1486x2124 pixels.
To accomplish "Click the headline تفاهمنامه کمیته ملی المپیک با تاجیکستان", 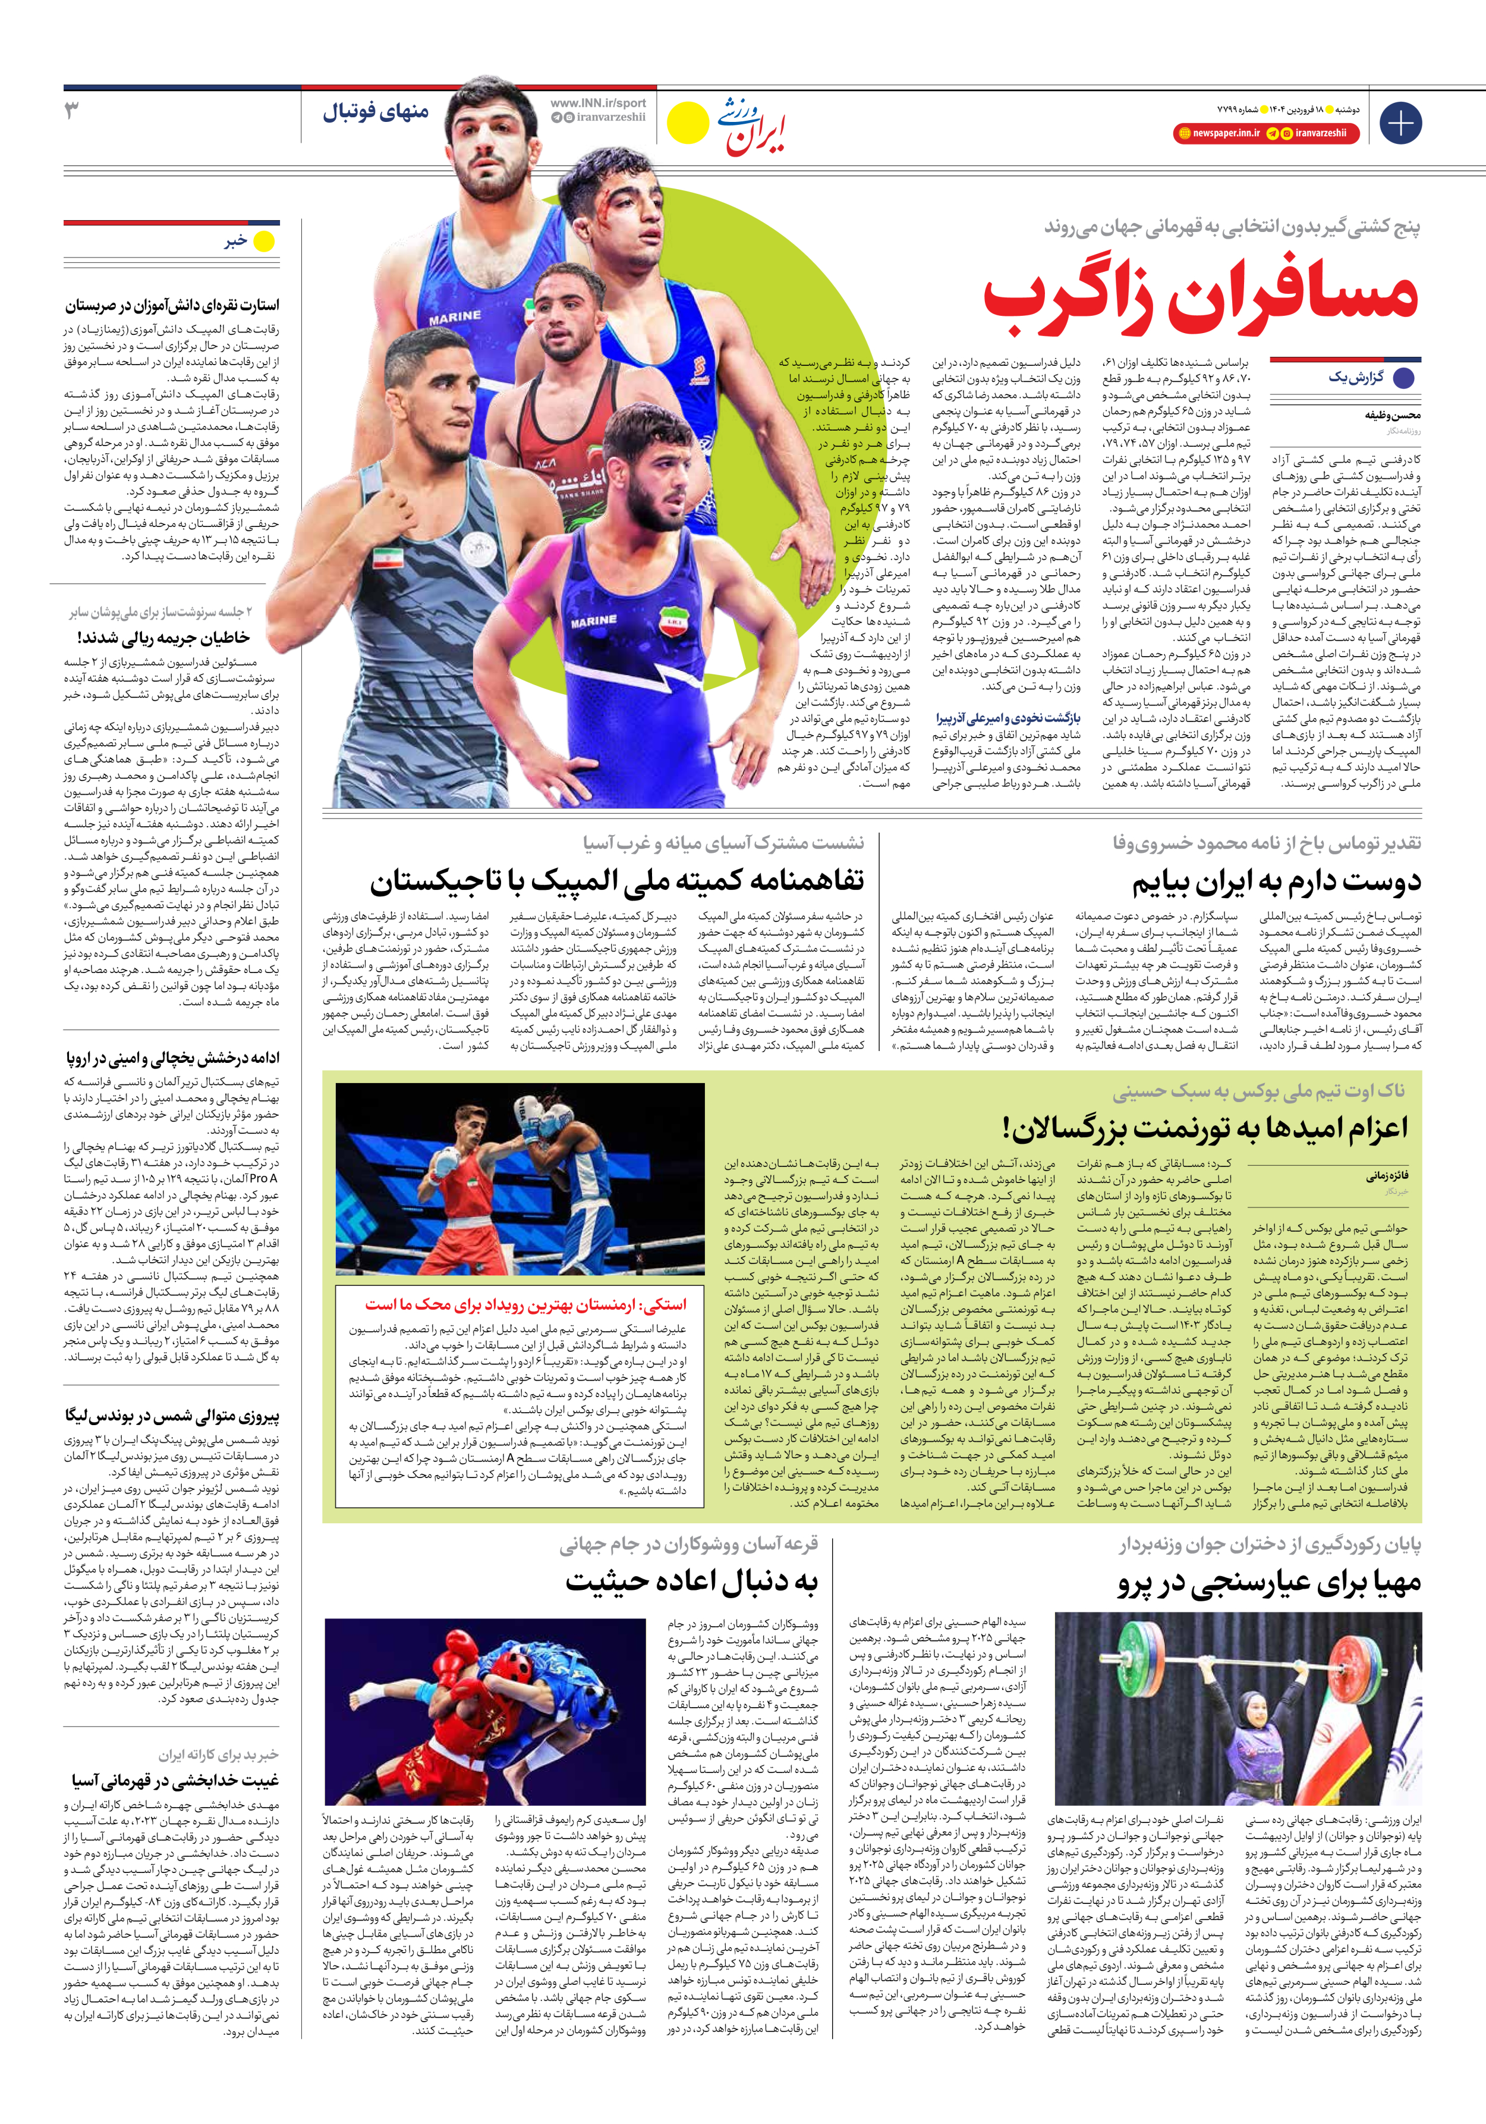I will click(x=617, y=881).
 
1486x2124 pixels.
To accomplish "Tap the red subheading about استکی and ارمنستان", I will click(x=525, y=1304).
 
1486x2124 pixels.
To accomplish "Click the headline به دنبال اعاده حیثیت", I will click(x=692, y=1581).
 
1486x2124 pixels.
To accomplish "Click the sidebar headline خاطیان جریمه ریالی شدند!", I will click(x=163, y=638).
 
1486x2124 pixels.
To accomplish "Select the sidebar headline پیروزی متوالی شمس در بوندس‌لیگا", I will click(x=171, y=1416).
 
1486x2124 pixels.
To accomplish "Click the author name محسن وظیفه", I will click(x=1393, y=415).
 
